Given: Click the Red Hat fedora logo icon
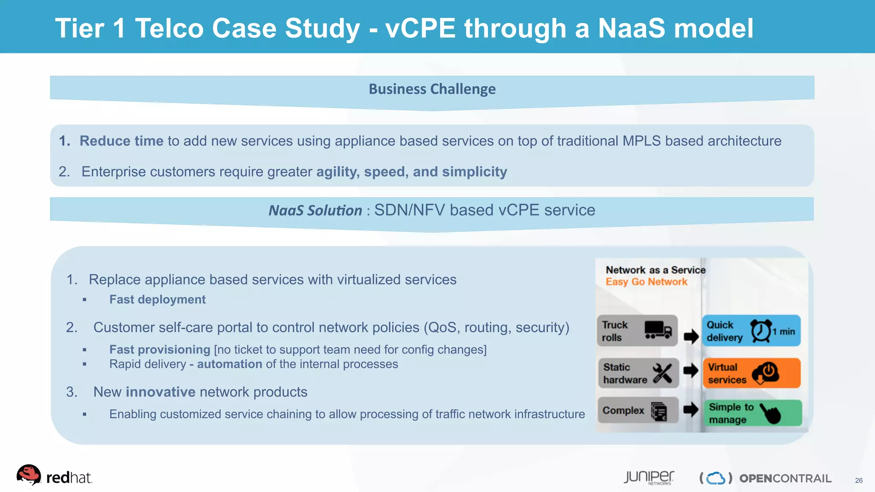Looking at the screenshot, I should tap(29, 475).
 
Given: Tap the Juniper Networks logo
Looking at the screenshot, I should tap(649, 477).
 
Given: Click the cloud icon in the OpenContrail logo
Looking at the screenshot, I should tap(716, 478).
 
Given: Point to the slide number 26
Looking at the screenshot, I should tap(859, 480).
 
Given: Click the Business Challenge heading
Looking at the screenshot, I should tap(432, 89).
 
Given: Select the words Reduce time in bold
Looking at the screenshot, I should tap(121, 141).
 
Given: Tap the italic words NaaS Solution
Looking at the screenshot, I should tap(315, 211).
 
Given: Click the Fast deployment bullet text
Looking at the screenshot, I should tap(157, 299).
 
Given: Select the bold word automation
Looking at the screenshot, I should tap(229, 364).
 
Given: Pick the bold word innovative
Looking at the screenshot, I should tap(160, 392).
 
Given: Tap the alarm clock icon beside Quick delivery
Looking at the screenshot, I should tap(761, 331).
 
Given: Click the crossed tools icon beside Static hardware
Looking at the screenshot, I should tap(662, 373).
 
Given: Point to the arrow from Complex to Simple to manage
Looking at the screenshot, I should tap(690, 410).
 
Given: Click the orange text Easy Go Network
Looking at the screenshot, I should tap(646, 282).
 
